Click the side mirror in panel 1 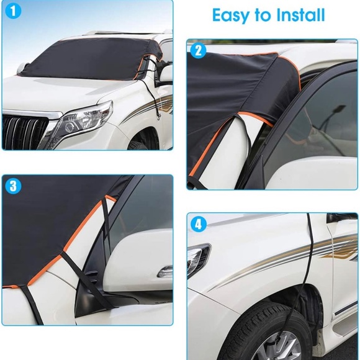(x=165, y=74)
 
